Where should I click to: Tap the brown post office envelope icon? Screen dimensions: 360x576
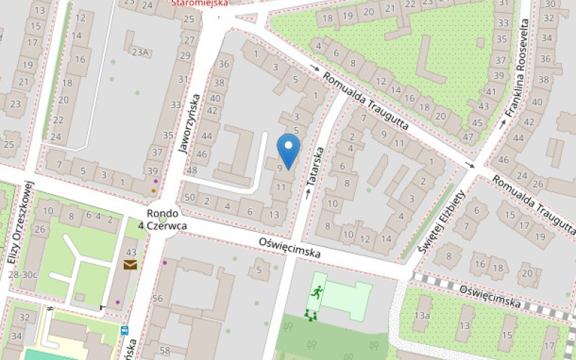coord(130,265)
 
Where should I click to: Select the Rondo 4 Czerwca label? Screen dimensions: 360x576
coord(166,220)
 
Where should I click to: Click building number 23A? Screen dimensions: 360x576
coord(140,51)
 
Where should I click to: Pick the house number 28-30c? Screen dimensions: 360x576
coord(22,274)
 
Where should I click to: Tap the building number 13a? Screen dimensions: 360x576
coord(421,315)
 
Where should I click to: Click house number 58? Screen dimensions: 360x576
coord(166,351)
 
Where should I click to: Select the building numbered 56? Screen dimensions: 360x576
coord(158,299)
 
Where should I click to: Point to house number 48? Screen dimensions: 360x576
coord(192,171)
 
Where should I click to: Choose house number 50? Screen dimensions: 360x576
coord(189,197)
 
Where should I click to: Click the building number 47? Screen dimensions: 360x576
coord(468,136)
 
